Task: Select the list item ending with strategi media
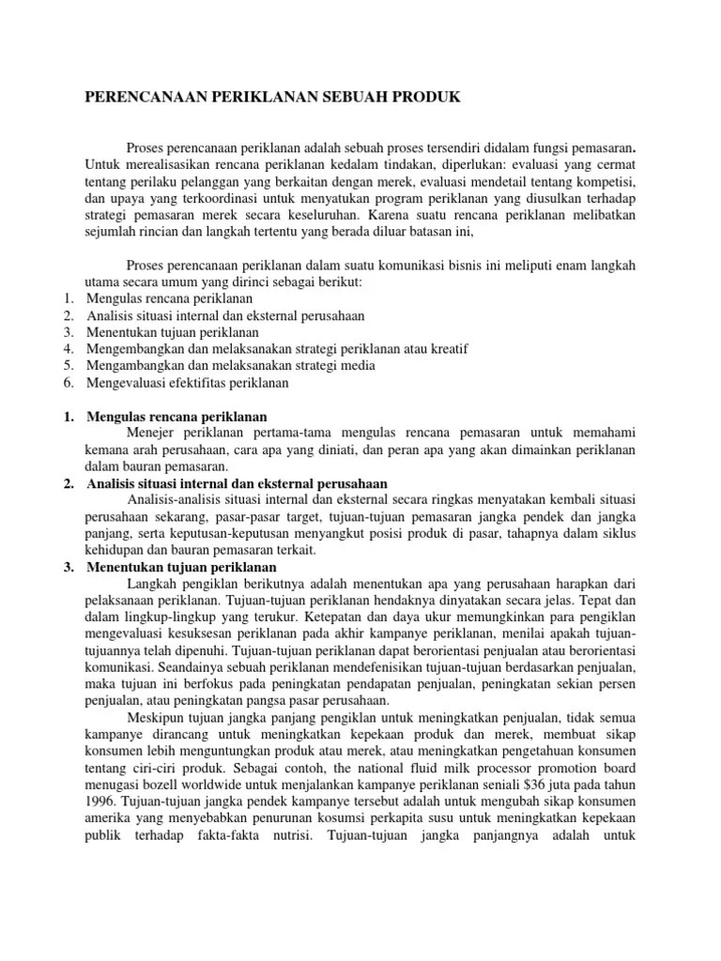[x=231, y=366]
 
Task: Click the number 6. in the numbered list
[x=69, y=383]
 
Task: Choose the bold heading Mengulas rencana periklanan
[x=177, y=415]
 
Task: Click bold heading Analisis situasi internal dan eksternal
[x=237, y=482]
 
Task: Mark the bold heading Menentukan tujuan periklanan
[x=181, y=568]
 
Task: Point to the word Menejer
[x=151, y=433]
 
